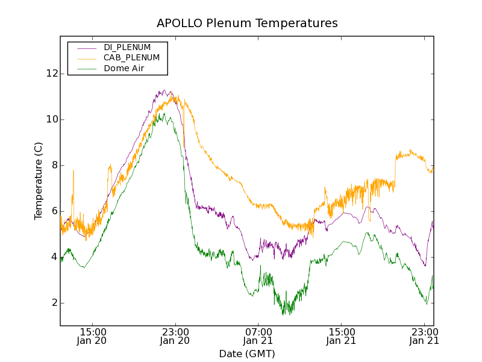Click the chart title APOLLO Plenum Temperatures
[x=247, y=24]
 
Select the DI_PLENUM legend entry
[x=127, y=47]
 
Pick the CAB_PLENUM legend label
[x=131, y=57]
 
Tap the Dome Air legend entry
[x=127, y=68]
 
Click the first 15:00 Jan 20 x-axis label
[x=93, y=336]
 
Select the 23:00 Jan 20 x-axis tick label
[x=175, y=336]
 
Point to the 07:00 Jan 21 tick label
[x=258, y=336]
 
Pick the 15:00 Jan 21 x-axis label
[x=341, y=336]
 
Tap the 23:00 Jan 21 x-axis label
[x=424, y=336]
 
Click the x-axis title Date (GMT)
[x=247, y=354]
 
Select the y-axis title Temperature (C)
[x=39, y=181]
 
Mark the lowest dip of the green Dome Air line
[x=284, y=314]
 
